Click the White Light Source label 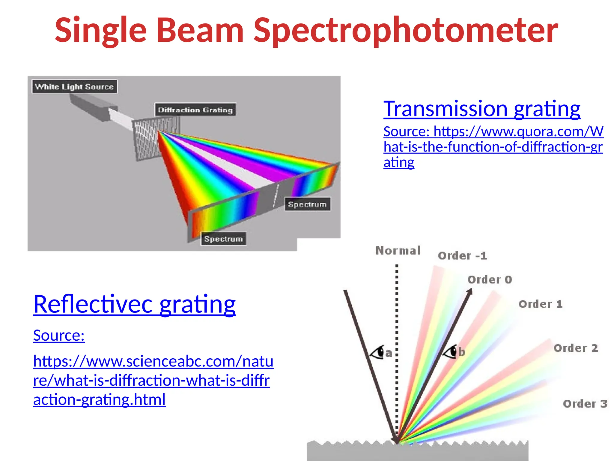(x=74, y=87)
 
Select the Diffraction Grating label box (x=195, y=110)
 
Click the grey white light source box (x=90, y=107)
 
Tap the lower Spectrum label (x=223, y=239)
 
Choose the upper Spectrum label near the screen (x=307, y=204)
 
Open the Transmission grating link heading (x=482, y=109)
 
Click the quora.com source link (x=493, y=147)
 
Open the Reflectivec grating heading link (x=134, y=304)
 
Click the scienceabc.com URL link (x=153, y=380)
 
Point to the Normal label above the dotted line (x=398, y=251)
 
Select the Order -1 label (x=462, y=256)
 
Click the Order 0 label (x=490, y=280)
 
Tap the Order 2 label (x=576, y=348)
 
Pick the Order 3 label (x=585, y=404)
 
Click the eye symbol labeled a (x=378, y=352)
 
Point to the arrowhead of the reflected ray (x=469, y=291)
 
